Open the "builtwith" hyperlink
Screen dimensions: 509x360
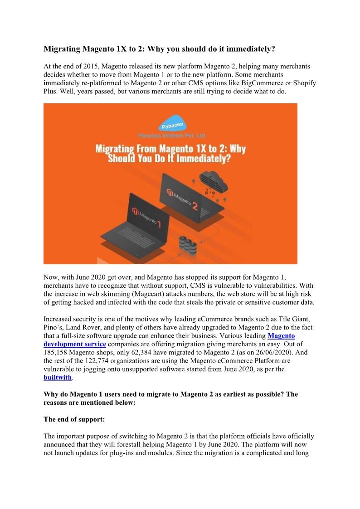tap(58, 378)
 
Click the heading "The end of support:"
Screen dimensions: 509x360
tap(74, 419)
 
